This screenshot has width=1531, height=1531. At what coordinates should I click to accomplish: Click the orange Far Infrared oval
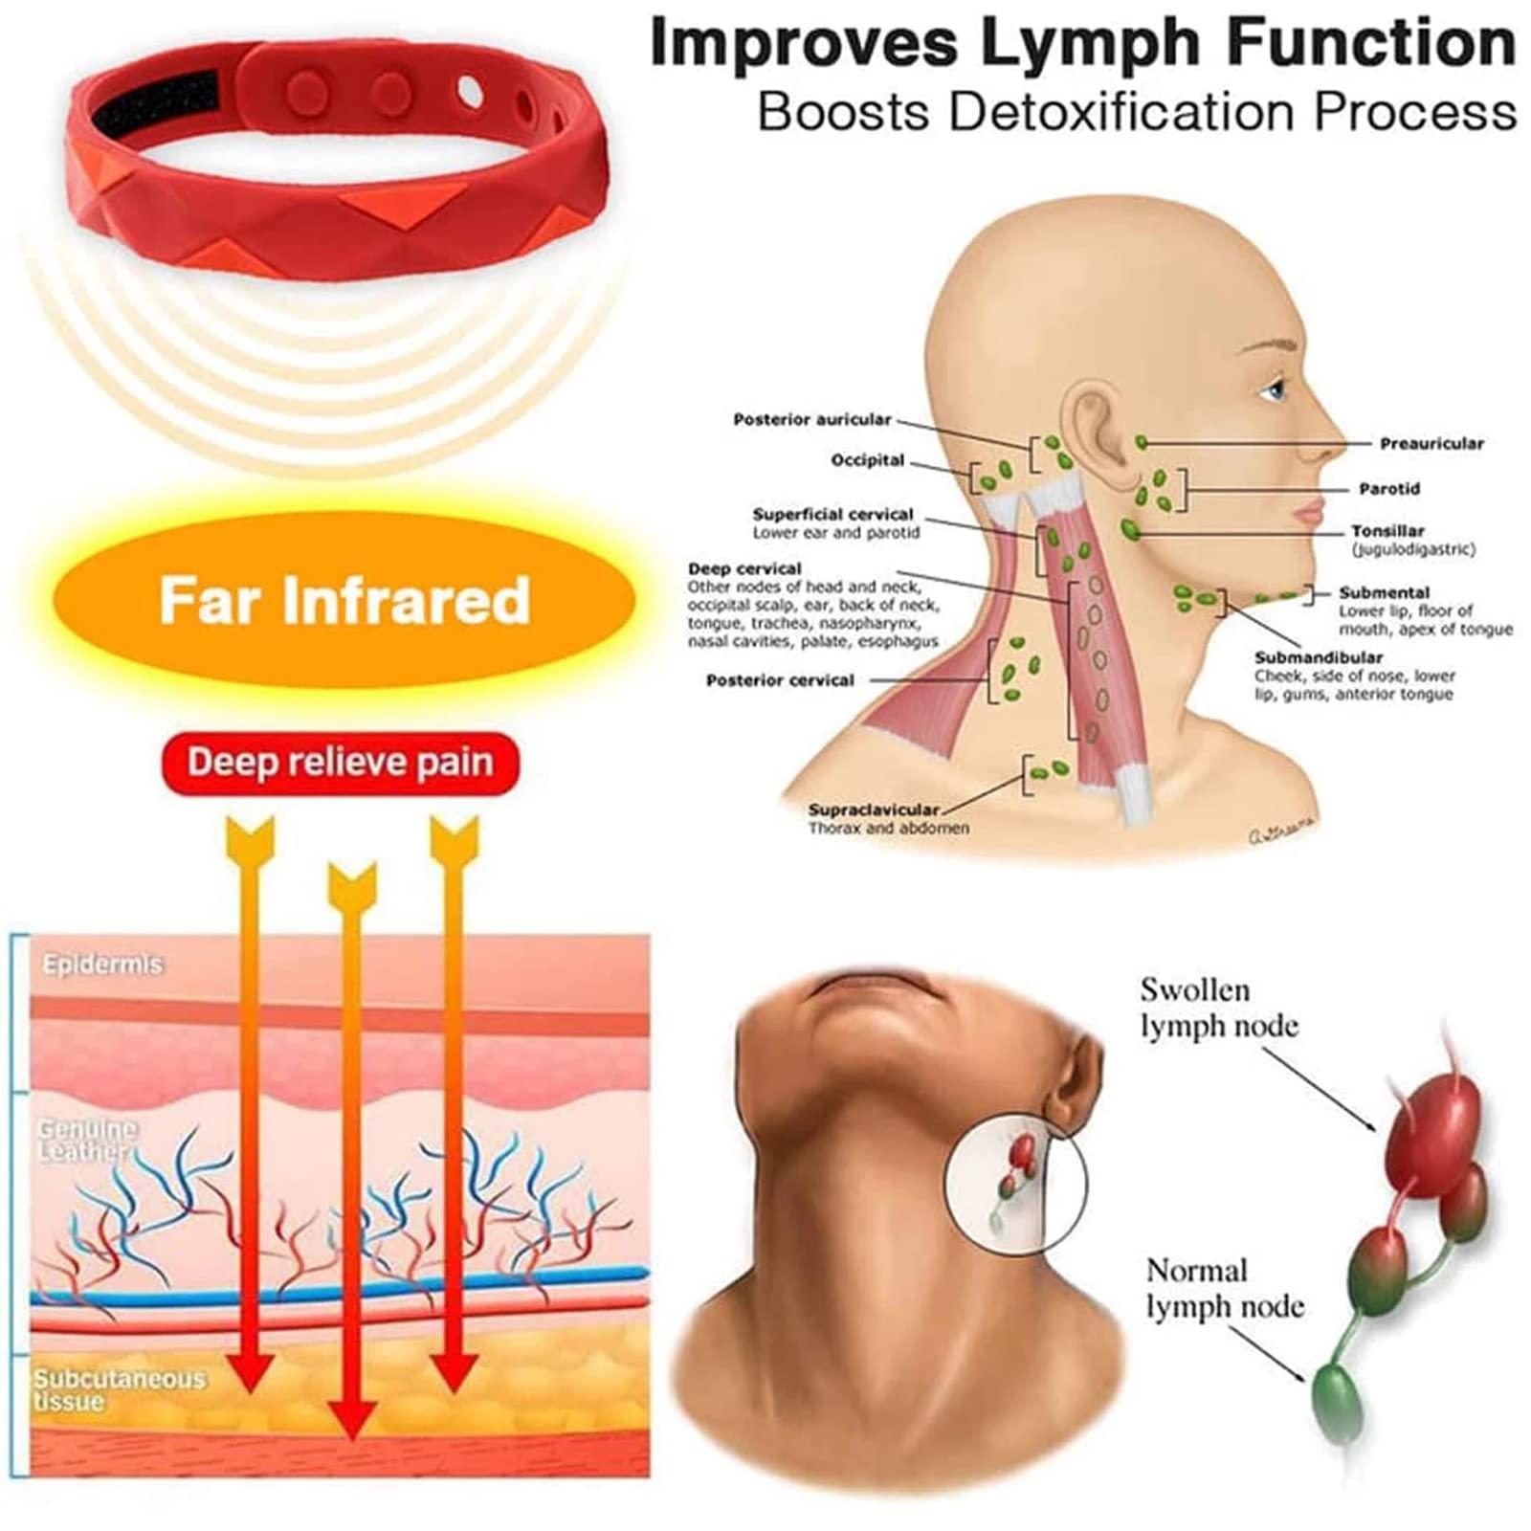tap(344, 600)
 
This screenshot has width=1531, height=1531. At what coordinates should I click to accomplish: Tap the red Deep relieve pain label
tap(341, 764)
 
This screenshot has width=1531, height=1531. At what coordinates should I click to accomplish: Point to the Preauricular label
tap(1431, 444)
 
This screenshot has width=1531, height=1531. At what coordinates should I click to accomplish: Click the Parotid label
tap(1389, 489)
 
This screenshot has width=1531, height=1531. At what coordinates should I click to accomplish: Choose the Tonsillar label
tap(1387, 531)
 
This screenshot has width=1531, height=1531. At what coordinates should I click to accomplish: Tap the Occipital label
tap(867, 460)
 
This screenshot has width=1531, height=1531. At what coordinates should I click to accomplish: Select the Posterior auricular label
tap(811, 419)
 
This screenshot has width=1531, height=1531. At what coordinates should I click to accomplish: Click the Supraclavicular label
tap(873, 810)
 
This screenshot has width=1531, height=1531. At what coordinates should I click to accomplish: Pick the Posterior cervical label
tap(780, 680)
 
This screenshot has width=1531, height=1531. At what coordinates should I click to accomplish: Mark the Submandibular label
tap(1319, 657)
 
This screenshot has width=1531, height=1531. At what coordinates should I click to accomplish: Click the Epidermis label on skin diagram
tap(102, 965)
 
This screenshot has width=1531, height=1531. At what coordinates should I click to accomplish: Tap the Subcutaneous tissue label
tap(119, 1390)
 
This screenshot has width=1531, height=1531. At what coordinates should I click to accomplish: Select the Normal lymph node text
tap(1225, 1288)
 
